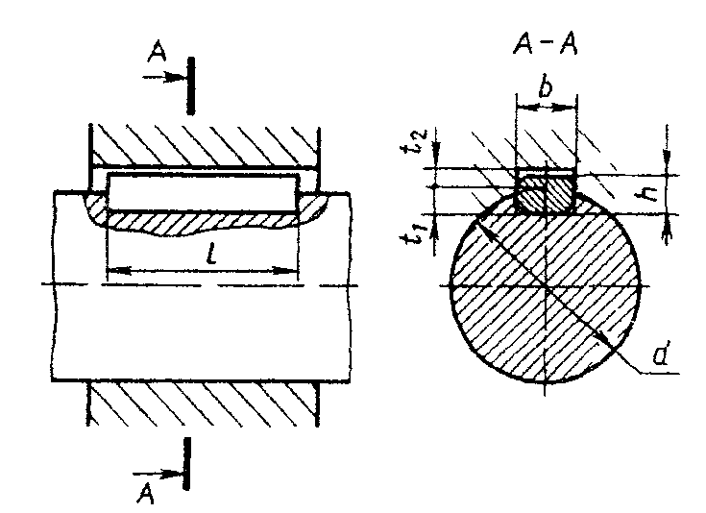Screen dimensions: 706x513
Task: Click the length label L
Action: coord(209,256)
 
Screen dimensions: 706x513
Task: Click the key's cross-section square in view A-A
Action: coord(545,191)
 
